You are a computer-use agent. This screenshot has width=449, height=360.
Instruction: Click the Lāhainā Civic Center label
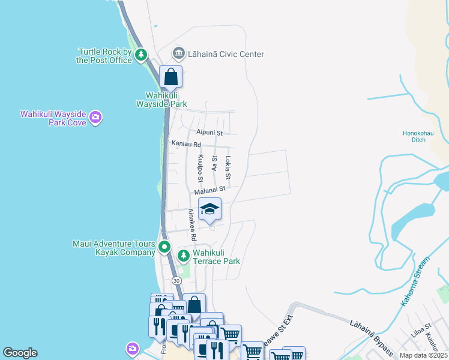pyautogui.click(x=226, y=54)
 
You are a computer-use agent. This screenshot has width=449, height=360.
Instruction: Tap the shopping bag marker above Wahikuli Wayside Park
pyautogui.click(x=171, y=77)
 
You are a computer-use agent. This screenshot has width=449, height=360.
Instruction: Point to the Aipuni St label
pyautogui.click(x=209, y=132)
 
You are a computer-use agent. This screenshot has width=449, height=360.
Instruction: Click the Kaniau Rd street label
pyautogui.click(x=185, y=144)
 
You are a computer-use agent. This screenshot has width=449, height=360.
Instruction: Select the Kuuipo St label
pyautogui.click(x=200, y=169)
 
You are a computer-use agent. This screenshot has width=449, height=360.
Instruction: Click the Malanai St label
pyautogui.click(x=209, y=189)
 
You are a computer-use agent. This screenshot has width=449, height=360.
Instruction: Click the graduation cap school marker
pyautogui.click(x=209, y=209)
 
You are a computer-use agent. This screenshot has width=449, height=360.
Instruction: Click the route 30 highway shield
pyautogui.click(x=176, y=281)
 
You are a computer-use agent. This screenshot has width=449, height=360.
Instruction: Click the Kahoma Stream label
pyautogui.click(x=415, y=282)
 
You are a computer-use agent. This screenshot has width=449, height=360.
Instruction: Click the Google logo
pyautogui.click(x=20, y=353)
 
